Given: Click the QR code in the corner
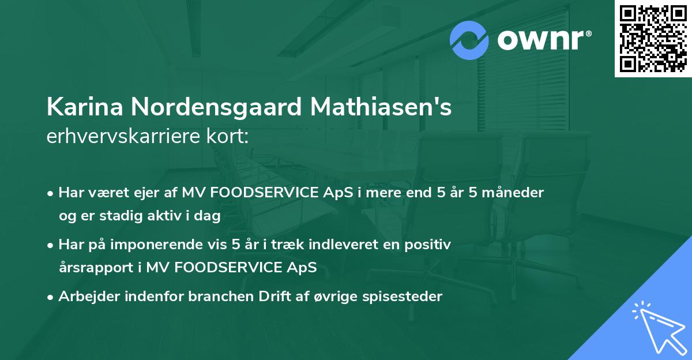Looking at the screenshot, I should [653, 39].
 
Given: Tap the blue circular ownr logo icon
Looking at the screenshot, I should [469, 40].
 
